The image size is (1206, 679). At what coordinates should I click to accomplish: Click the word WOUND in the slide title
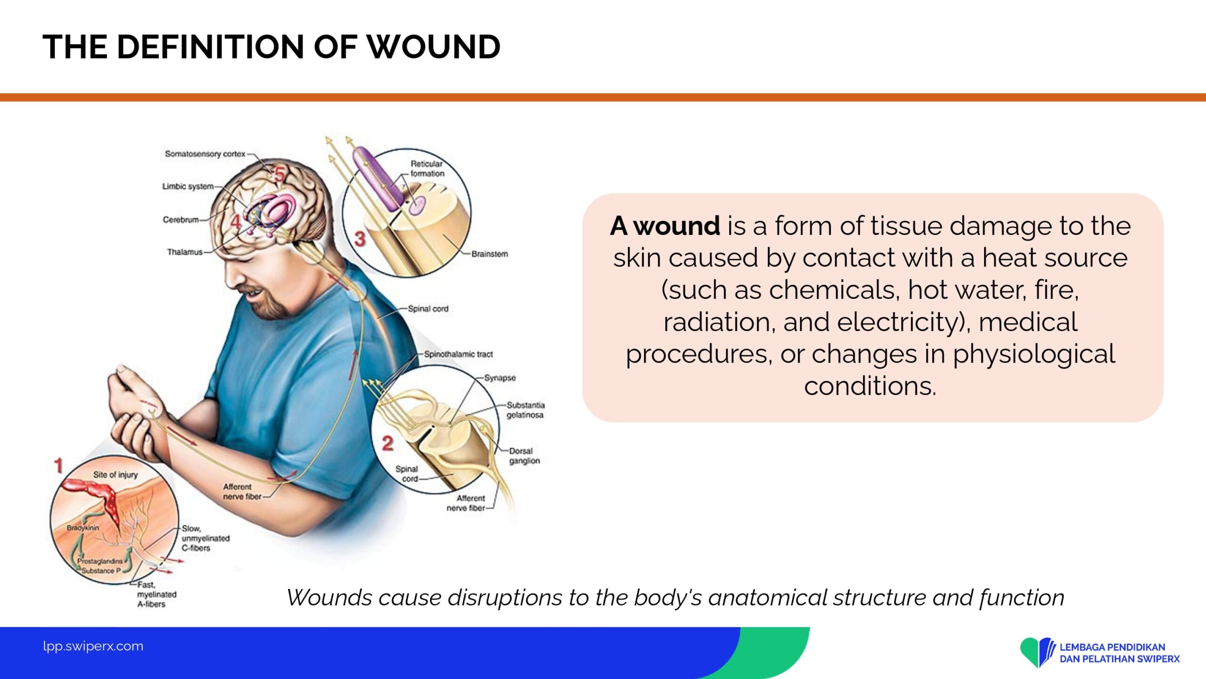coord(433,47)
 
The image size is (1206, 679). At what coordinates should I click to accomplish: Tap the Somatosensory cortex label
coord(205,154)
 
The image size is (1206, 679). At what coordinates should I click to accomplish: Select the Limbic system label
coord(188,186)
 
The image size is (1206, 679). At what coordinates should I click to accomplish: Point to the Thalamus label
coord(185,252)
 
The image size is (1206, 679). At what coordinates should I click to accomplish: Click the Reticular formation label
coord(427,168)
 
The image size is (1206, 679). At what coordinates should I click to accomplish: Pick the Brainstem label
coord(490,254)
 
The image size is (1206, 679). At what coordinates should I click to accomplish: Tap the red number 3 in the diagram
coord(360,239)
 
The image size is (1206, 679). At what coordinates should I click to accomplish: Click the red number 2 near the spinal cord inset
coord(387,443)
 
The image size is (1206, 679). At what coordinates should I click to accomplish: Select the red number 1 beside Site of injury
coord(58,466)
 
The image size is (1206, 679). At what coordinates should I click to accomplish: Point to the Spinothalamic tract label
coord(458,354)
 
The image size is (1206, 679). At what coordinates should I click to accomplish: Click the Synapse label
coord(500,378)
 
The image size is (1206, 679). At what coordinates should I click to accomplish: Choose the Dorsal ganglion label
coord(524,455)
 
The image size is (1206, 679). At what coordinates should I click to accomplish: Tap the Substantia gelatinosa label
coord(526,410)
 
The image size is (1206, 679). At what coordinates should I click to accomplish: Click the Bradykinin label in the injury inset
coord(83,528)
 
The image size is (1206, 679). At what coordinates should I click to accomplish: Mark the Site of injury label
coord(115,474)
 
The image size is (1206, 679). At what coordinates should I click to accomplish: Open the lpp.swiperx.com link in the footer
coord(93,646)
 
